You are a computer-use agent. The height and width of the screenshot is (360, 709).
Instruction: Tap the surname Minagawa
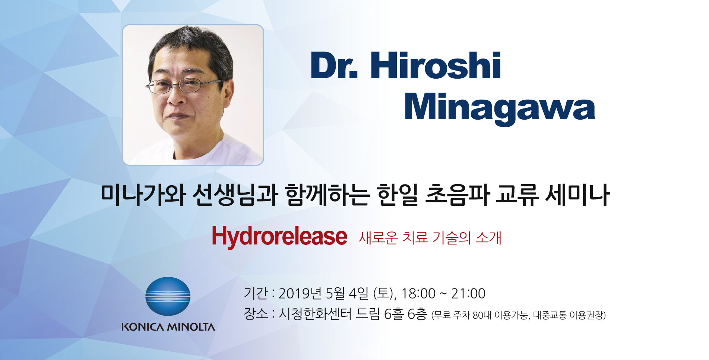coord(500,108)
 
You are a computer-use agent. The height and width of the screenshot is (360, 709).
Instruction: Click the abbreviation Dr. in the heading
coord(333,66)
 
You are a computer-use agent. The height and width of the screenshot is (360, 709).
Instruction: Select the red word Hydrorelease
coord(279,236)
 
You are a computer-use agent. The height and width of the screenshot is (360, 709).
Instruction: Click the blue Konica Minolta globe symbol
coord(168,296)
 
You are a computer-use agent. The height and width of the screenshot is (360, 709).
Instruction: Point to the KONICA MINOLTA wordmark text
coord(168,327)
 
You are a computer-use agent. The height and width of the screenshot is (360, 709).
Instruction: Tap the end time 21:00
coord(468,294)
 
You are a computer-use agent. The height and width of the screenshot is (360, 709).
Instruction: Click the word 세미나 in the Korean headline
coord(577,195)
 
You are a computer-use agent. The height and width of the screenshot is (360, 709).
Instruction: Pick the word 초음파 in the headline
coord(457,195)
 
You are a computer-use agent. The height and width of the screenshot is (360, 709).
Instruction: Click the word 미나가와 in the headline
coord(143,195)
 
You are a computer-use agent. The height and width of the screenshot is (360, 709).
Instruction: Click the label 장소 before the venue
coord(256,314)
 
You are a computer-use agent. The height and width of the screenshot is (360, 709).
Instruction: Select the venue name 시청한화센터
coord(315,314)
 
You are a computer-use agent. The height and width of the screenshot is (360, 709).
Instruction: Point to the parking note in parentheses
coord(518,315)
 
